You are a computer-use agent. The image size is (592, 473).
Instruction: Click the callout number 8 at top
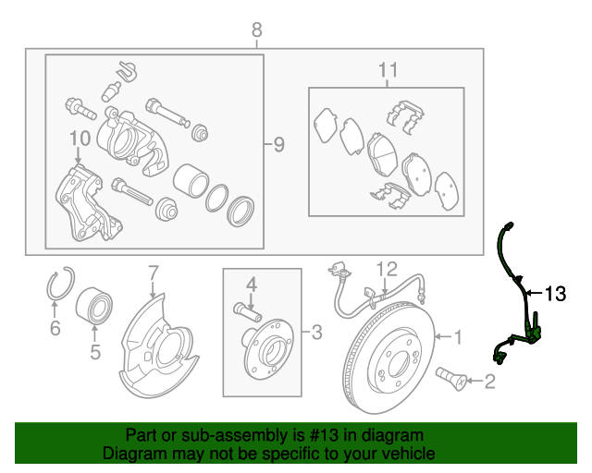257,31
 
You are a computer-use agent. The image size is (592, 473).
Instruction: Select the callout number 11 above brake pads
388,70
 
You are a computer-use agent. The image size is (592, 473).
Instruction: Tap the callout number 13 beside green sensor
554,294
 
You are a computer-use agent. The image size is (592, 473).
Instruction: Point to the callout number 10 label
78,139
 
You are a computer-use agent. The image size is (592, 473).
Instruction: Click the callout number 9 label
278,144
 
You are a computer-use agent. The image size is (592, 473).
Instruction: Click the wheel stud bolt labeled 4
245,308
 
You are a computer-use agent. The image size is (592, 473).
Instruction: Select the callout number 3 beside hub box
315,332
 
